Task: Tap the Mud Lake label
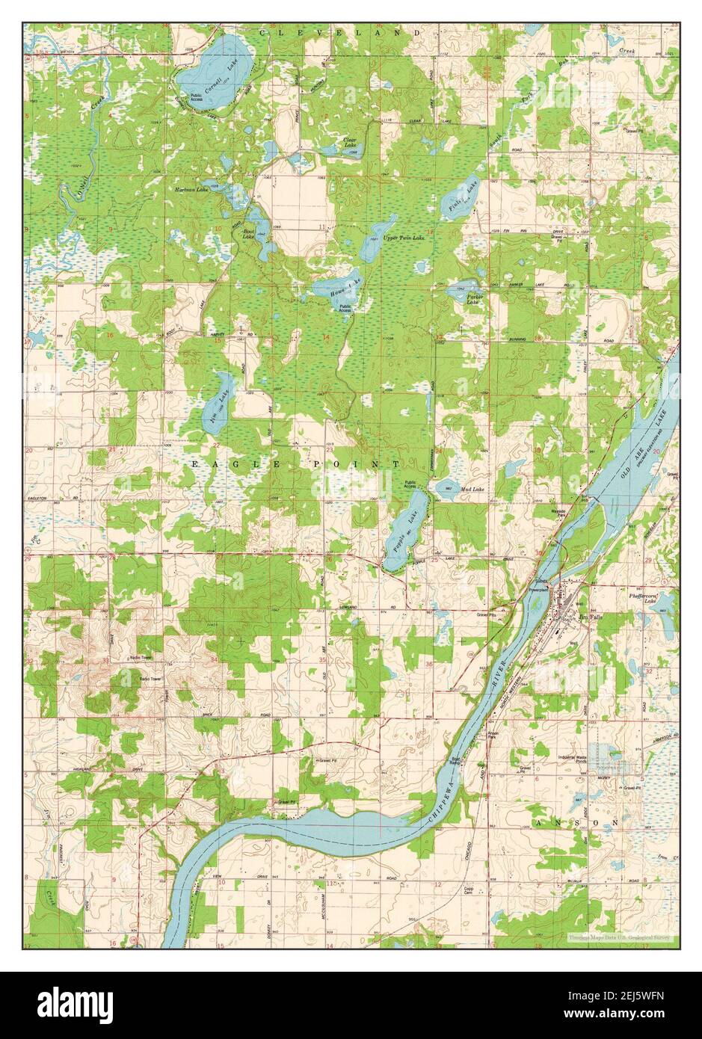click(472, 490)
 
